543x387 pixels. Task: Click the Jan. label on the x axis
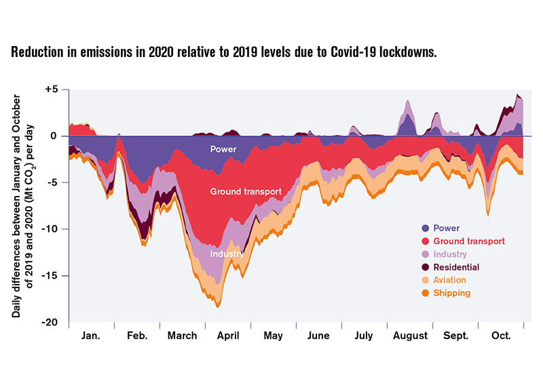click(x=90, y=335)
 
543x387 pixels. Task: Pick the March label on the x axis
click(x=182, y=335)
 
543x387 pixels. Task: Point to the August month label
click(x=410, y=335)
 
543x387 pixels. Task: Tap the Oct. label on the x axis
click(x=501, y=335)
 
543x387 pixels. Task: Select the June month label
click(x=318, y=335)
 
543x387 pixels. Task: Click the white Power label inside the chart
click(x=223, y=148)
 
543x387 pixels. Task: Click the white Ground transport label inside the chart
click(x=246, y=192)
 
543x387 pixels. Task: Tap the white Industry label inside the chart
click(x=227, y=254)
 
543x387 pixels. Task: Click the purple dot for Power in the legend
click(x=425, y=228)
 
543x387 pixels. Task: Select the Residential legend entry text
click(x=456, y=267)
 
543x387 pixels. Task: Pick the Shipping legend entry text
click(x=451, y=293)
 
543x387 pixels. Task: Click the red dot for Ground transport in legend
click(x=425, y=241)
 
